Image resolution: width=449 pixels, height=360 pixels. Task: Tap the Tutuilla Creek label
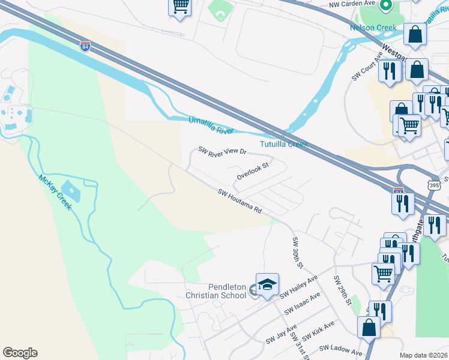pyautogui.click(x=283, y=144)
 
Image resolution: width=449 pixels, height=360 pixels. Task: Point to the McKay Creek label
pyautogui.click(x=55, y=192)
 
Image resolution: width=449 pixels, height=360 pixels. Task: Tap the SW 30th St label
pyautogui.click(x=298, y=252)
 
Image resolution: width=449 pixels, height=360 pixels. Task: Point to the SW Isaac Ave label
pyautogui.click(x=303, y=304)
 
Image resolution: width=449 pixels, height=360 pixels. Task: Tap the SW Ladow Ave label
pyautogui.click(x=340, y=350)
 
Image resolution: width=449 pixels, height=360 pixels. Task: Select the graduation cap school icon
pyautogui.click(x=267, y=284)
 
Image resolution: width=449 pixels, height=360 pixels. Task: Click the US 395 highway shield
pyautogui.click(x=435, y=185)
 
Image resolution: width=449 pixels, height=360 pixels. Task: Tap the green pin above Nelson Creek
pyautogui.click(x=386, y=7)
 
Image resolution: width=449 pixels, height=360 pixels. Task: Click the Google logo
pyautogui.click(x=20, y=352)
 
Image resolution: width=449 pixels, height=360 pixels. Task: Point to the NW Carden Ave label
pyautogui.click(x=352, y=4)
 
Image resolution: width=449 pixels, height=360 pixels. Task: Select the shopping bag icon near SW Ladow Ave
pyautogui.click(x=369, y=328)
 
